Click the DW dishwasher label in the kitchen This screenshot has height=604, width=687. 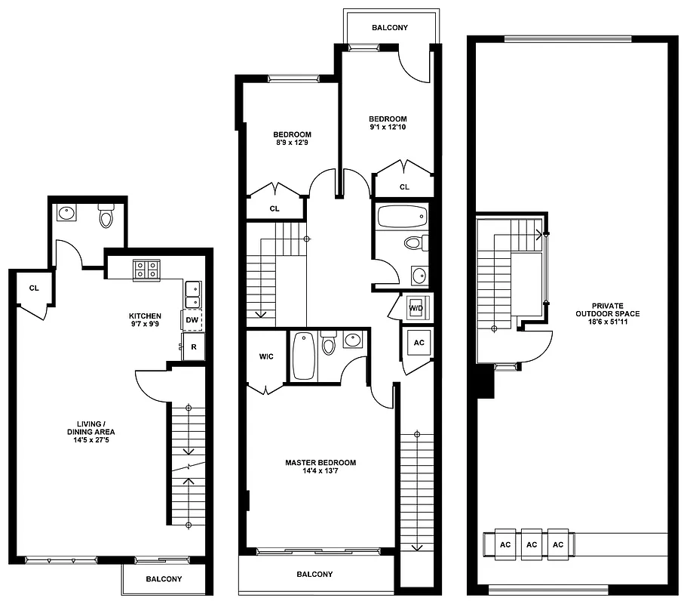pos(192,320)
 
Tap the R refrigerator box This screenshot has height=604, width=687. pos(193,347)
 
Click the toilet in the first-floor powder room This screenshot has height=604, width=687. pos(106,217)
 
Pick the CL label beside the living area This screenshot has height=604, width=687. pos(34,288)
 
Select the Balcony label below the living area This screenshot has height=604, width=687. pos(163,579)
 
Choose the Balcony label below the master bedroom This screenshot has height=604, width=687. pos(314,575)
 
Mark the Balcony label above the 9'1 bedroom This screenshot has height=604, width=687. pos(390,28)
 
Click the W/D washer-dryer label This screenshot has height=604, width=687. pos(416,308)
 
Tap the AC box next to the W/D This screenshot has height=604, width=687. pos(419,343)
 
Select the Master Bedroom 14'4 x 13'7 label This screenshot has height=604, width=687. pos(320,467)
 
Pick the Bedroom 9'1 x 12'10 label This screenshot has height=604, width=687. pos(388,123)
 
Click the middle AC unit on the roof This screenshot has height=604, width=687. pos(532,544)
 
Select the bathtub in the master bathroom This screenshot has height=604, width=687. pos(303,356)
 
